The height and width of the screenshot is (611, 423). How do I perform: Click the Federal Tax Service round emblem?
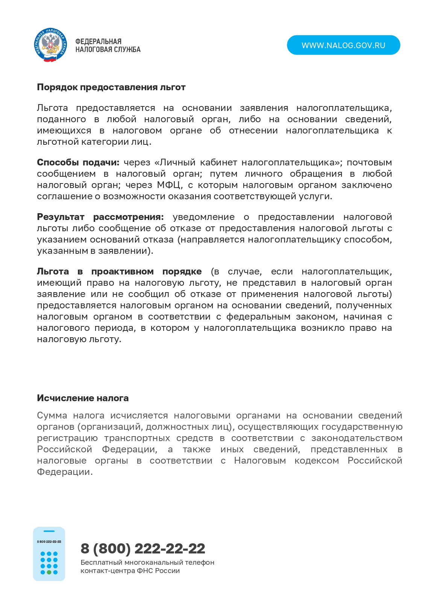(x=50, y=45)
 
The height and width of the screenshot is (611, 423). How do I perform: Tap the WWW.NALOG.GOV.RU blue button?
(x=343, y=45)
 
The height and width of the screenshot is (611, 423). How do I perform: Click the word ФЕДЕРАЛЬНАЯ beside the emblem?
(x=98, y=41)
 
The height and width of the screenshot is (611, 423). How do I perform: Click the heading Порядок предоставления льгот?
(x=111, y=87)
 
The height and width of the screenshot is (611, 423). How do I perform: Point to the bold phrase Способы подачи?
(x=78, y=162)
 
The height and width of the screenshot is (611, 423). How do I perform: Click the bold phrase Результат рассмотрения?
(x=100, y=217)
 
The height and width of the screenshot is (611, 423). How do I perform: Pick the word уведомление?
(x=203, y=217)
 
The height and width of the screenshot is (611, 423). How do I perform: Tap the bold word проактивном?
(x=122, y=271)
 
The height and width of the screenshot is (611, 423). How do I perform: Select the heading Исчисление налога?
(x=83, y=398)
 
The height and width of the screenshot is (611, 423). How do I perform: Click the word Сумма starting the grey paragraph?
(x=52, y=415)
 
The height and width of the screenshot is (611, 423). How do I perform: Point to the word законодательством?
(x=357, y=438)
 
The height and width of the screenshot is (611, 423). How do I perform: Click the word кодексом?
(x=317, y=461)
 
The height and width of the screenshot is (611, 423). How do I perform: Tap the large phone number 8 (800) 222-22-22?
(x=143, y=549)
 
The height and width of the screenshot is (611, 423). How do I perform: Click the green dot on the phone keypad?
(x=49, y=572)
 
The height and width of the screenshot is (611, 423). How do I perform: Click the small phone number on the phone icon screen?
(x=49, y=542)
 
